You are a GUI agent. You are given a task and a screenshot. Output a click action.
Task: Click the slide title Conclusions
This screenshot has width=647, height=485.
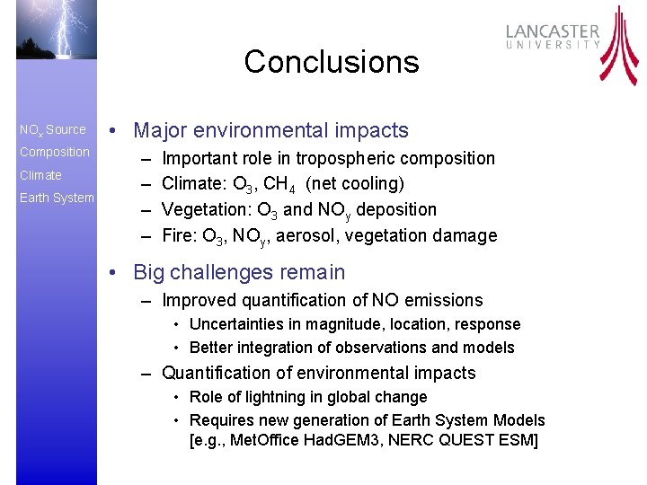[x=331, y=62]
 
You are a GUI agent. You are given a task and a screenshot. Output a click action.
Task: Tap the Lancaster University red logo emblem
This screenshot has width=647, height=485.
[x=619, y=45]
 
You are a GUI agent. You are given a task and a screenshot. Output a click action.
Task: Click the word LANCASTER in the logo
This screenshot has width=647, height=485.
[x=553, y=32]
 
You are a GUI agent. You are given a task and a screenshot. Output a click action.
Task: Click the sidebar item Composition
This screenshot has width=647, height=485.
[x=55, y=152]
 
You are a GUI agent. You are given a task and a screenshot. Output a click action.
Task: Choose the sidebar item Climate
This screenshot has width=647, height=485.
[x=40, y=175]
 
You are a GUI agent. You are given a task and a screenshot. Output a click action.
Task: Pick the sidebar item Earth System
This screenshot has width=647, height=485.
[x=57, y=198]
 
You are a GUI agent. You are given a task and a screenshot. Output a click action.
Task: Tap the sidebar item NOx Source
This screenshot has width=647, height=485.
[x=53, y=129]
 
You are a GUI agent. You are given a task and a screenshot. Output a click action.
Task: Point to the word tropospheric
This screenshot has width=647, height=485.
[x=344, y=159]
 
